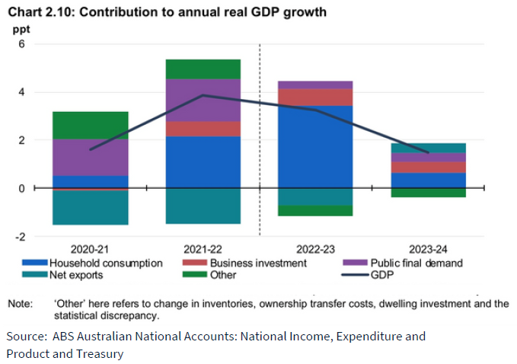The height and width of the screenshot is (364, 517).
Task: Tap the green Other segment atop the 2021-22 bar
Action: pos(203,69)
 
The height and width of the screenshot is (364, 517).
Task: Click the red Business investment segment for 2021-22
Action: pos(203,129)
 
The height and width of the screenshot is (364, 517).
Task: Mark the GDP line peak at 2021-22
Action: pos(203,95)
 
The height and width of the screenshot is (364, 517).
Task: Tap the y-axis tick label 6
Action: pos(22,44)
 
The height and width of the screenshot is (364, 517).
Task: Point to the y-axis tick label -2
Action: pos(20,236)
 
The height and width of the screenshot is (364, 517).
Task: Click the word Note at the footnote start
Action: pos(20,304)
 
